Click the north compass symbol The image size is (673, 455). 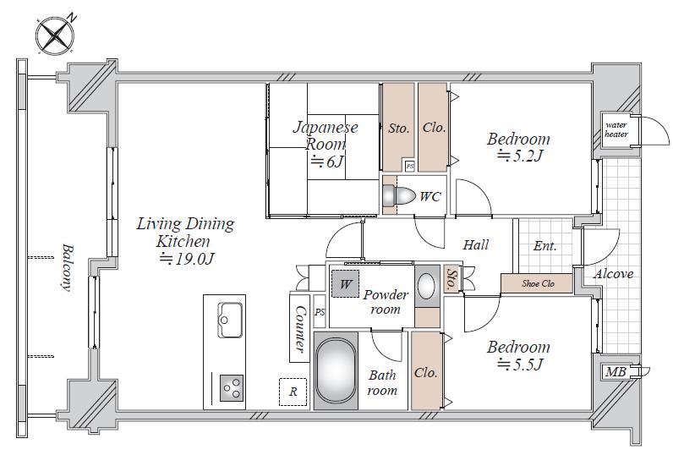(55, 36)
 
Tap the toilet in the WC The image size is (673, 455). (399, 195)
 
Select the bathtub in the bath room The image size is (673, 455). (336, 371)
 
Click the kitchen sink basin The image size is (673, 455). (230, 320)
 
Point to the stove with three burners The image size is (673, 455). (232, 388)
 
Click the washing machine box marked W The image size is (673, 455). (345, 283)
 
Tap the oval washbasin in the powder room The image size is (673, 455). (427, 286)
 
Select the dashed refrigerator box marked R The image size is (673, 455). (293, 392)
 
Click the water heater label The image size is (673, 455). (616, 129)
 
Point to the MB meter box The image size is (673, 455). (616, 372)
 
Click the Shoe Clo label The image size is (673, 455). (538, 283)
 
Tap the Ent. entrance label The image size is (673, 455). (545, 246)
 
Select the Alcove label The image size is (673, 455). (613, 274)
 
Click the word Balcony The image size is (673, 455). (67, 268)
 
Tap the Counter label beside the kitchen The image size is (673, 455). (300, 329)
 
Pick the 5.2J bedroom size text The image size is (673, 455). (521, 156)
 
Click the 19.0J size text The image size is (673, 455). (186, 260)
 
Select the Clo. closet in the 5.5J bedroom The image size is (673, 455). (426, 371)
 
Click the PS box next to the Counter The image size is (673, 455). (320, 312)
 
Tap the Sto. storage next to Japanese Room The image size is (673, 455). (398, 127)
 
